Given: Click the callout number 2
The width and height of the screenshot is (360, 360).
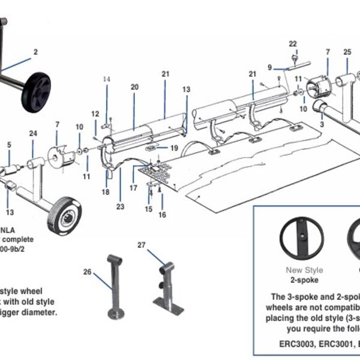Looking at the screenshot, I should click(x=35, y=52).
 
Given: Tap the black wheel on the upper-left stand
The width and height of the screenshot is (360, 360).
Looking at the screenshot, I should click(x=36, y=92).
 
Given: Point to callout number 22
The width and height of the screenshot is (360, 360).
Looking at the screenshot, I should click(x=293, y=44).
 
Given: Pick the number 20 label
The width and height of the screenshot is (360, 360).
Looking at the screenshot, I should click(x=134, y=87).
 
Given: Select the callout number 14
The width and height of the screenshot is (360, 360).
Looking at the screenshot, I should click(x=107, y=79).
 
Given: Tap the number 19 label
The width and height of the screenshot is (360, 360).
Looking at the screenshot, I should click(x=174, y=148).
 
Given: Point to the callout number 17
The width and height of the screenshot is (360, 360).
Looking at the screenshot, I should click(x=133, y=188).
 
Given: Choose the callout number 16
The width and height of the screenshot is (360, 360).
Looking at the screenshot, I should click(x=162, y=214).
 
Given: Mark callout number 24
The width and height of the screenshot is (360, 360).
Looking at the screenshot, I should click(x=33, y=133).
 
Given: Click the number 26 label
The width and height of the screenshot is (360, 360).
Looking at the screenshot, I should click(x=87, y=272).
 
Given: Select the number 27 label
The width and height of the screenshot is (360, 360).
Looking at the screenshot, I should click(x=142, y=245).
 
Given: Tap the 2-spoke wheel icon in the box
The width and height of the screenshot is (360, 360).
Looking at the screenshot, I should click(x=302, y=238).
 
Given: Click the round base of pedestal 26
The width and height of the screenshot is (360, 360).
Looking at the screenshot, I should click(x=116, y=314).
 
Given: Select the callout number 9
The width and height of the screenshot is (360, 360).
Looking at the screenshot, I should click(x=270, y=67).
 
